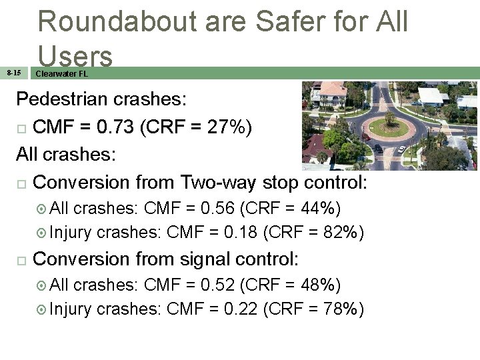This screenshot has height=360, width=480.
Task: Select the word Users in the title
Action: tap(75, 56)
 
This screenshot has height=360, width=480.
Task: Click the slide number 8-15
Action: tap(14, 73)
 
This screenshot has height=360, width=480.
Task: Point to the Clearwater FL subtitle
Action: tap(61, 73)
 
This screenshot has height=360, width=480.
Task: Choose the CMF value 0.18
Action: tap(238, 233)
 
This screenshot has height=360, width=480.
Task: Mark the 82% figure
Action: tap(337, 233)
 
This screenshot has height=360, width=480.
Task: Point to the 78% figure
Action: tap(337, 309)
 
